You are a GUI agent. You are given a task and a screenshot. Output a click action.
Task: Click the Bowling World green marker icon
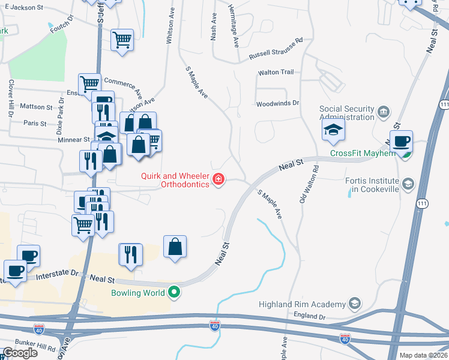click(175, 293)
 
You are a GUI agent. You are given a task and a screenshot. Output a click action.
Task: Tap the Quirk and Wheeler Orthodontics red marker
click(218, 178)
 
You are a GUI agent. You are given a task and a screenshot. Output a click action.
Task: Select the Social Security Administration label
click(347, 113)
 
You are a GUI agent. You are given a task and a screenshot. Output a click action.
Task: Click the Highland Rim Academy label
click(303, 304)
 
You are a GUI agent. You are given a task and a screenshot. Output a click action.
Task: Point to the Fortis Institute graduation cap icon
click(408, 183)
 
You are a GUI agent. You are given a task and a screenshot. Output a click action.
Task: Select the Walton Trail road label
click(276, 72)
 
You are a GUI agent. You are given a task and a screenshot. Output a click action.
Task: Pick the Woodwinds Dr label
click(277, 103)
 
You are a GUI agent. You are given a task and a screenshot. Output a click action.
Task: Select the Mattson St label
click(37, 107)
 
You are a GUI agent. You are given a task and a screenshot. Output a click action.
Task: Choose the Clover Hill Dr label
click(10, 98)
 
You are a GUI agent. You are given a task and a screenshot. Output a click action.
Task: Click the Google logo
click(20, 353)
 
